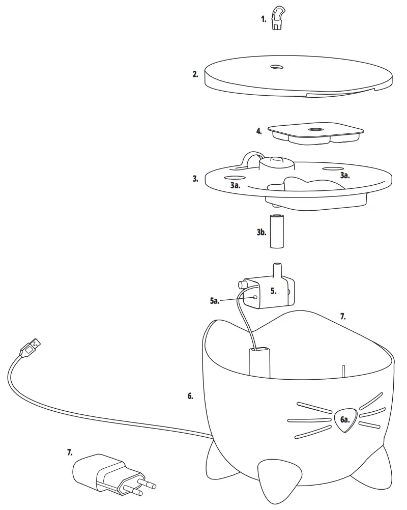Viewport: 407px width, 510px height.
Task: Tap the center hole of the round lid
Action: [277, 67]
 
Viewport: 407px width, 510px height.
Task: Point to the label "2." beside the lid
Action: [195, 74]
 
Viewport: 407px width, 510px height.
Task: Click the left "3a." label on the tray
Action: [235, 186]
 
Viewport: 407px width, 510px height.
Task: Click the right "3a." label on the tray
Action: [345, 175]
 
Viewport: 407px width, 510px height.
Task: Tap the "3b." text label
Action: [261, 233]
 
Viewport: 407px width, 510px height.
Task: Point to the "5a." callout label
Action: [215, 301]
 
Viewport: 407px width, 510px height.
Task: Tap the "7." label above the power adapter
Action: [70, 451]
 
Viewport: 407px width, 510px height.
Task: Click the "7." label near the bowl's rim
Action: [343, 316]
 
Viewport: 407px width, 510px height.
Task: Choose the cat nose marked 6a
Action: [345, 419]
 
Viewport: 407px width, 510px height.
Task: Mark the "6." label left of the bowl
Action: [190, 395]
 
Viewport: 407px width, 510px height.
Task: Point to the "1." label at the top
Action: [264, 19]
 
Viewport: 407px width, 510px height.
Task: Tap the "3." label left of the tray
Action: [195, 179]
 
